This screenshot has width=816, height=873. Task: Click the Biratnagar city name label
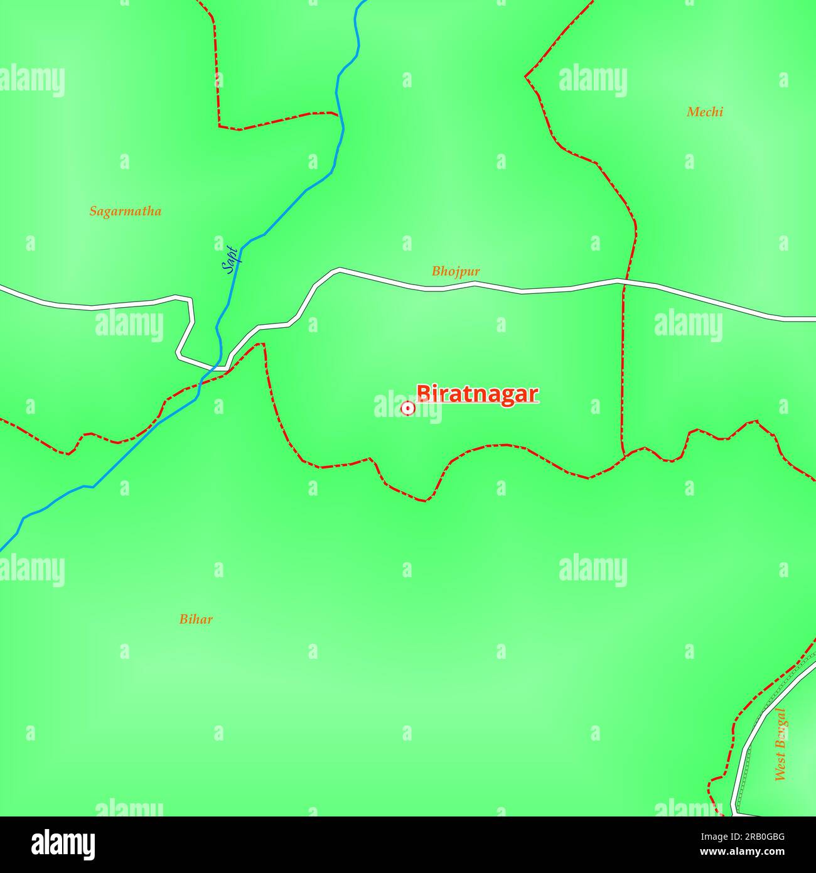(477, 394)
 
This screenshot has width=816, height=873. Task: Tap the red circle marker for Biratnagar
(407, 409)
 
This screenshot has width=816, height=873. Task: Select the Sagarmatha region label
(125, 211)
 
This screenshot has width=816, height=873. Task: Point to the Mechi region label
(704, 112)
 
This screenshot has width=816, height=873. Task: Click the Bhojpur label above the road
(456, 271)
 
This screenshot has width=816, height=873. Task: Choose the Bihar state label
(196, 619)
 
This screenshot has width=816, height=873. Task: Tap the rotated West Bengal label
(780, 744)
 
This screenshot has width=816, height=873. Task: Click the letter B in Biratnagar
(424, 394)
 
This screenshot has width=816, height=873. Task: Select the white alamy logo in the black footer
(63, 845)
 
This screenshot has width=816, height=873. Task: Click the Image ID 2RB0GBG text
(742, 837)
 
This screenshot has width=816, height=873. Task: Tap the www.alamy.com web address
(742, 852)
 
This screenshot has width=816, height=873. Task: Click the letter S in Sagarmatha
(93, 211)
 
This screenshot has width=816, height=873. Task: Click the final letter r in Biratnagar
(534, 394)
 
